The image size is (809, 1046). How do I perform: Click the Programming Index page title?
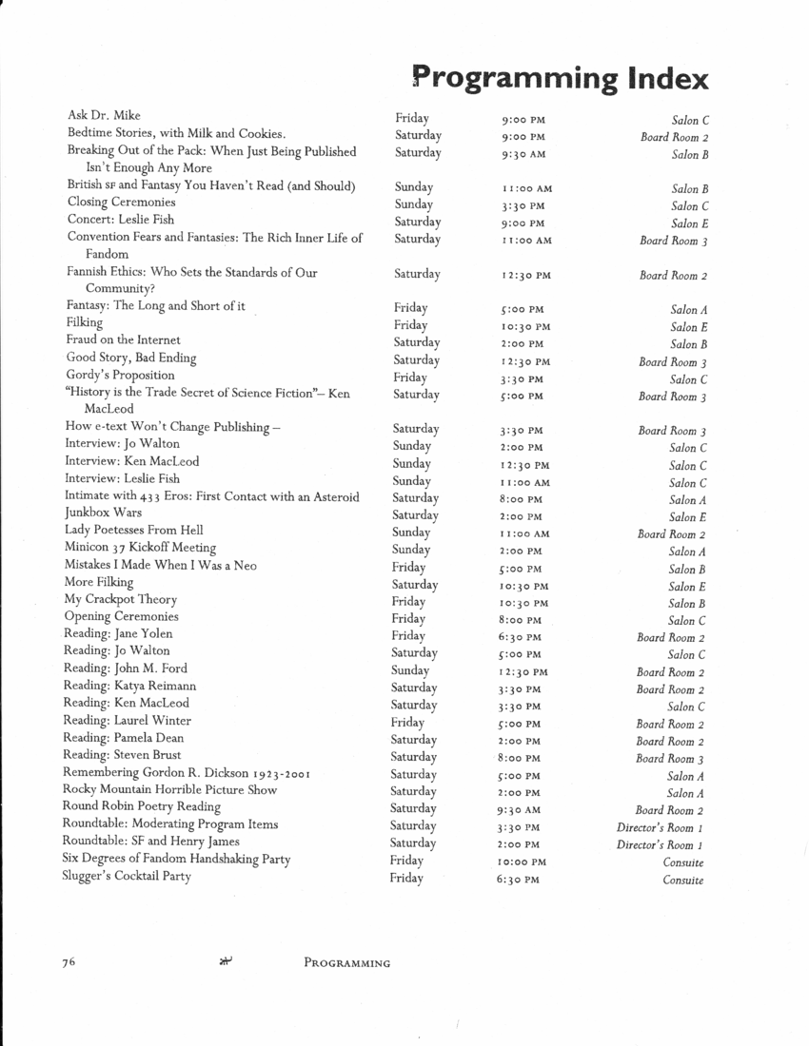click(561, 78)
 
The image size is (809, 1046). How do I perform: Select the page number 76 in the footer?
click(69, 962)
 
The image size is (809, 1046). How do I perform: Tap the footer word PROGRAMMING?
click(346, 963)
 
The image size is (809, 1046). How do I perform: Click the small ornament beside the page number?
click(226, 961)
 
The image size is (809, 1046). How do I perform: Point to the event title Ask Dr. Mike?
click(104, 116)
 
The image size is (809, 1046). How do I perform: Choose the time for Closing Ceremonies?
click(523, 206)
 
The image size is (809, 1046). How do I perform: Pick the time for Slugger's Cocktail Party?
click(518, 881)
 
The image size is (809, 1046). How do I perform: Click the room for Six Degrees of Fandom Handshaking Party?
click(683, 862)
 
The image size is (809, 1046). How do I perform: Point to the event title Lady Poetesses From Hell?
click(133, 530)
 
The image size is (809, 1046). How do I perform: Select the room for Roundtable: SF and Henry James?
click(660, 845)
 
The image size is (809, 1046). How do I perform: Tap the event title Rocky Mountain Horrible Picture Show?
click(170, 789)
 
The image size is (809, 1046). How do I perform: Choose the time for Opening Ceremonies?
click(522, 621)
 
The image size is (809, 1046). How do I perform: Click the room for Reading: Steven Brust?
click(670, 759)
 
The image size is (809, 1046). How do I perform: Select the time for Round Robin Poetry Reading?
click(521, 811)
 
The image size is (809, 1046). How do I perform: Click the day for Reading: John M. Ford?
click(410, 670)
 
